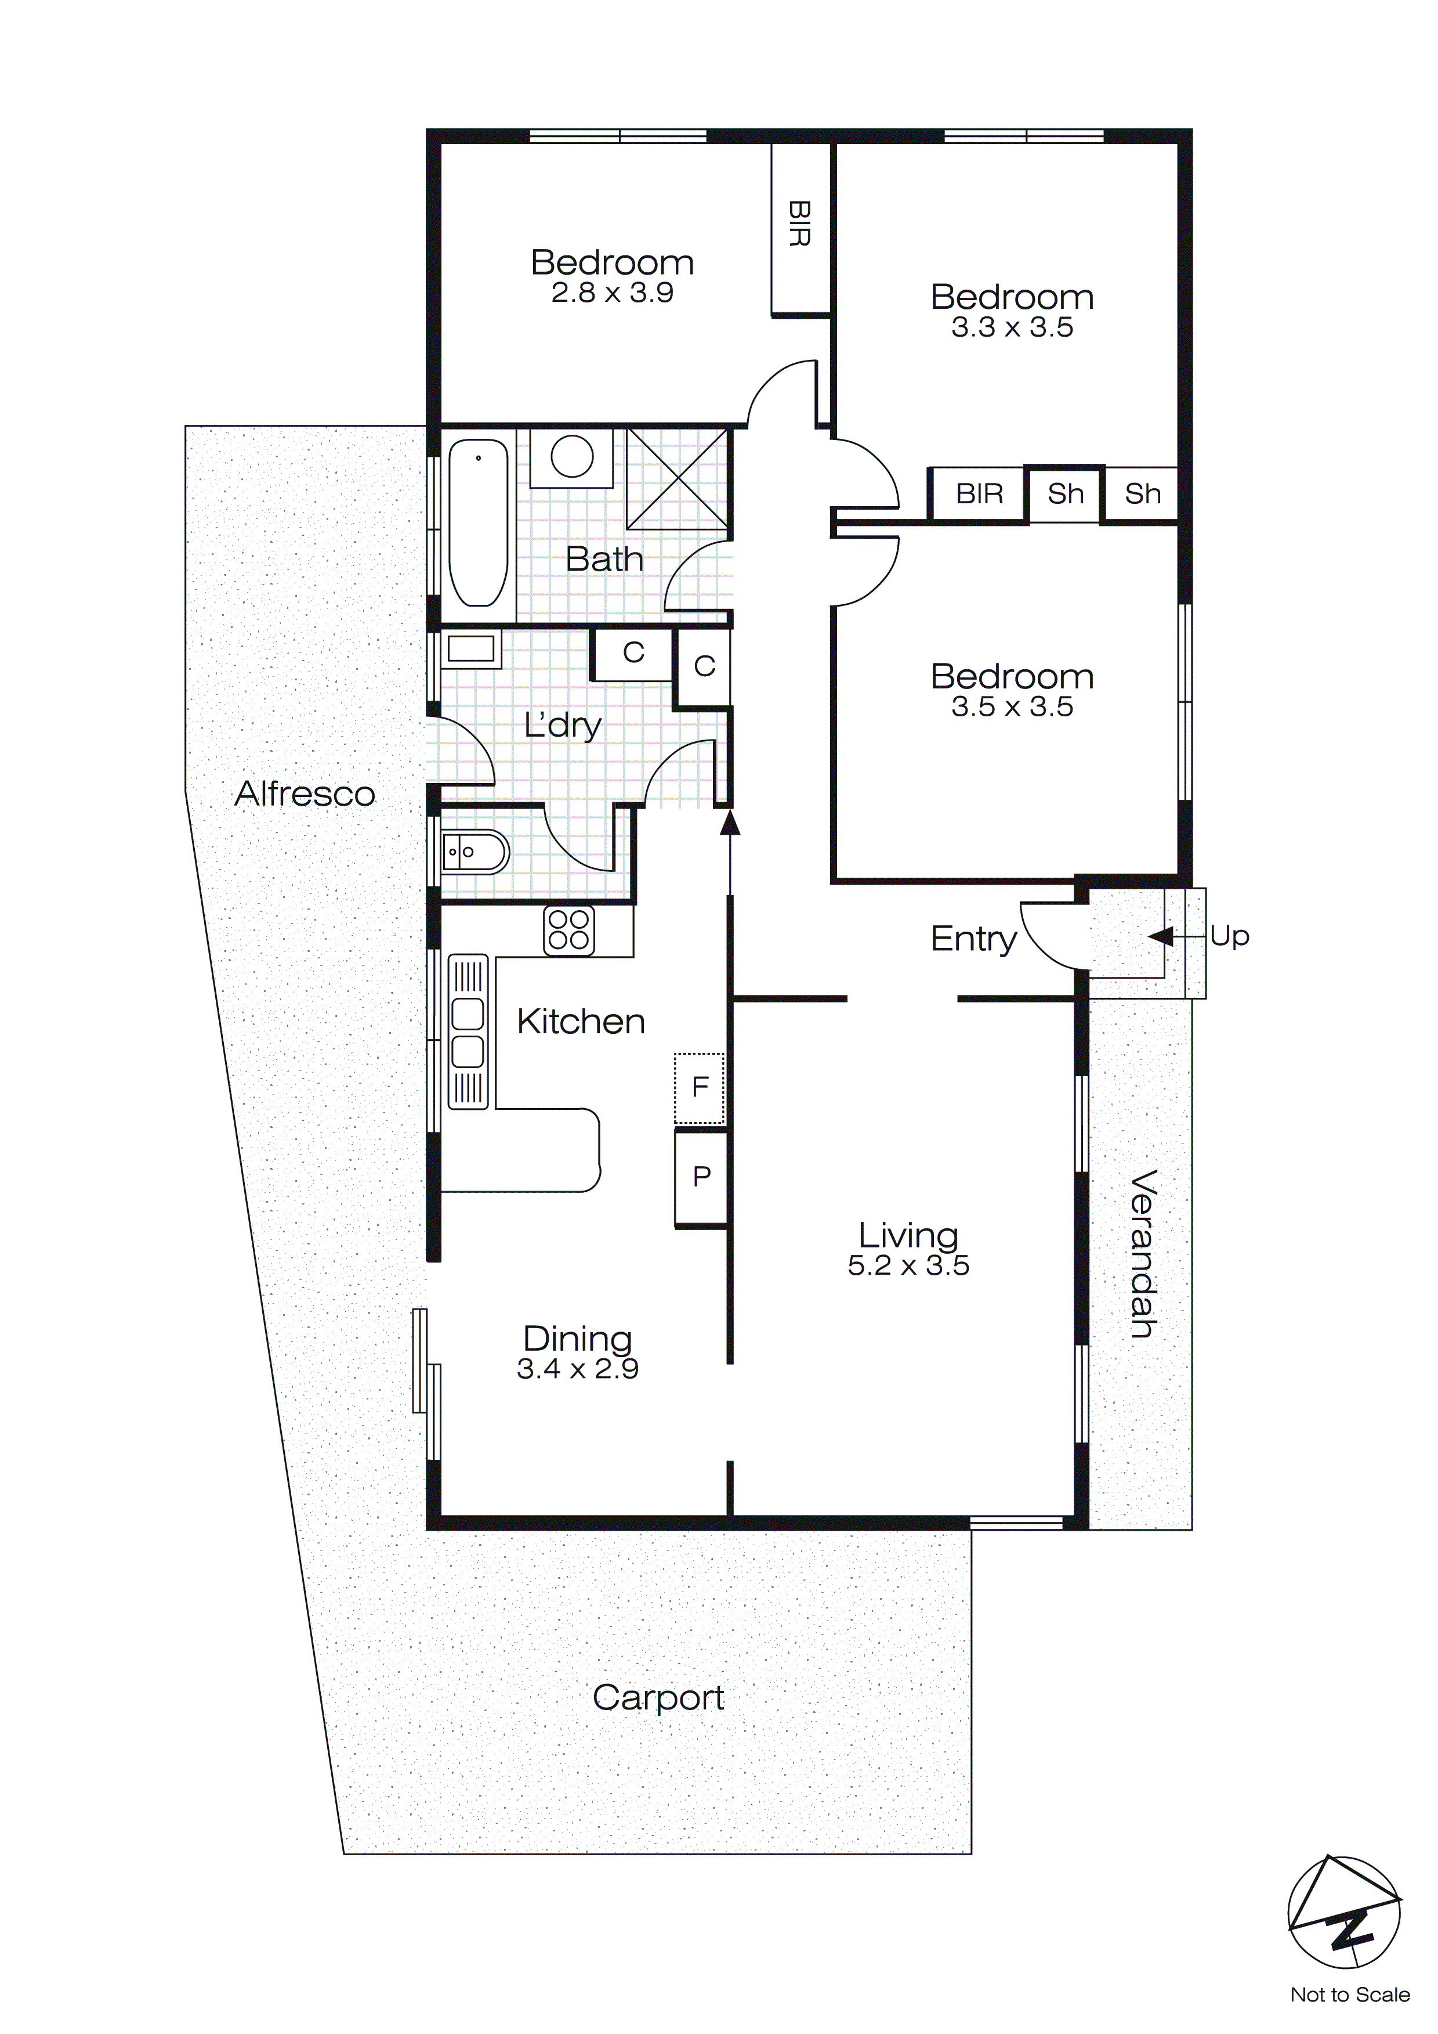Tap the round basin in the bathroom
tap(572, 457)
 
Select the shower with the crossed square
tap(678, 478)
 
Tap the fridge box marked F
tap(700, 1088)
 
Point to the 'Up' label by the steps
tap(1229, 936)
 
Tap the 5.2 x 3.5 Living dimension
tap(908, 1266)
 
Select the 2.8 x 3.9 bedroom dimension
tap(612, 293)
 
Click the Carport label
tap(658, 1698)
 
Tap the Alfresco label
tap(305, 794)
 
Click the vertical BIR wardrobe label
tap(799, 223)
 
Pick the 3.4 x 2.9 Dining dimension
tap(577, 1369)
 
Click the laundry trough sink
tap(470, 650)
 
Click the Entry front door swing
tap(1049, 937)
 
